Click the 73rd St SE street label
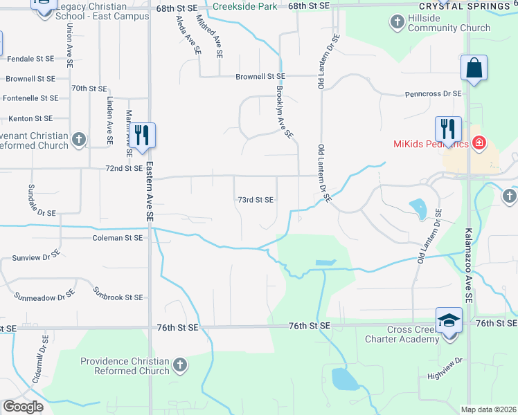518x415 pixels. (256, 200)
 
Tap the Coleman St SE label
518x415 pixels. (117, 238)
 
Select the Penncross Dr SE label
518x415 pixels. (433, 93)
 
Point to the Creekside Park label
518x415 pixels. (245, 6)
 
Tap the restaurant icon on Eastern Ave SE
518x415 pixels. (143, 134)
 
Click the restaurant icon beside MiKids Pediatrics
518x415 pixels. (447, 129)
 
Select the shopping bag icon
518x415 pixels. (474, 68)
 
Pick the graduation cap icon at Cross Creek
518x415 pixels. (448, 320)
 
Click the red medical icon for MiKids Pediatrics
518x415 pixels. (479, 144)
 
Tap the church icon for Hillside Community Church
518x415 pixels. (398, 23)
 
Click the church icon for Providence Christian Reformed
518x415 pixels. (179, 364)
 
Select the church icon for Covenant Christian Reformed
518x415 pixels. (79, 140)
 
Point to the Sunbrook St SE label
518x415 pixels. (118, 297)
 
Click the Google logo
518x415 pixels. (23, 407)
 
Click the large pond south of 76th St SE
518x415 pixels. (344, 379)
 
